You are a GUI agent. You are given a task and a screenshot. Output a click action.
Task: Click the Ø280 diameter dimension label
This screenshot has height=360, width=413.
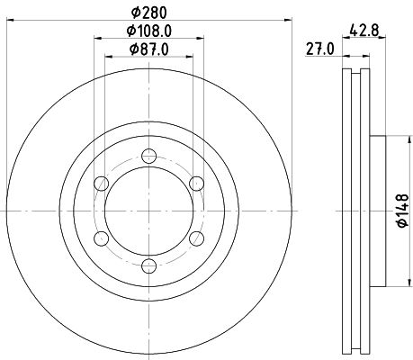[149, 13]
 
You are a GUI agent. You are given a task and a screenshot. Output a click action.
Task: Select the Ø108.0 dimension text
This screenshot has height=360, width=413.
[149, 31]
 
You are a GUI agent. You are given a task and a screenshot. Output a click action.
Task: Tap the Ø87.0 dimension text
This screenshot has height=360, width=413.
[149, 49]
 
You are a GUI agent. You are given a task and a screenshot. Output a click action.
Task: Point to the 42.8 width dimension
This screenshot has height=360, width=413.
[364, 31]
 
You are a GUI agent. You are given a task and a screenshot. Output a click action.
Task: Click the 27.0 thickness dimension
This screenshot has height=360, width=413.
[319, 49]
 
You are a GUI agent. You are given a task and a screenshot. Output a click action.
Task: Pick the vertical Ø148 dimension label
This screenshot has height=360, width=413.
[403, 211]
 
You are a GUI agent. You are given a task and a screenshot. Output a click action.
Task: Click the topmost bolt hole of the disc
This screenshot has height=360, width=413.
[149, 156]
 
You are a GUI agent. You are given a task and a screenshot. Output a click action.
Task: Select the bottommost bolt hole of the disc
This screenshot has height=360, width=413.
[149, 266]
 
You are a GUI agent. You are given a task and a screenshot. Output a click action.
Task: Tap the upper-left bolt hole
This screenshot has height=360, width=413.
[102, 184]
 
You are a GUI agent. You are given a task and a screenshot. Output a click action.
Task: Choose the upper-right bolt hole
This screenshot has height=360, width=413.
[197, 184]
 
